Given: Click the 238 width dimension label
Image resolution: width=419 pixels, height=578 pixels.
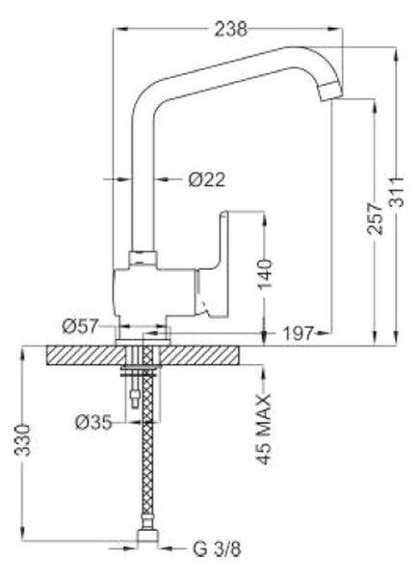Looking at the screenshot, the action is (x=230, y=29).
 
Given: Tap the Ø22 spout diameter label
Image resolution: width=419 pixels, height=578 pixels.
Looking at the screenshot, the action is (x=206, y=179).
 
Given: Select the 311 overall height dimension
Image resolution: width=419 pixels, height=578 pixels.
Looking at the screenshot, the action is (x=397, y=193).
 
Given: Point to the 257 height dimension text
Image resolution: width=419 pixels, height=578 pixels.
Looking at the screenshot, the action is (x=375, y=219).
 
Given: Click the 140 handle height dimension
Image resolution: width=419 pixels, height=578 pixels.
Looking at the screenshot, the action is (x=265, y=275).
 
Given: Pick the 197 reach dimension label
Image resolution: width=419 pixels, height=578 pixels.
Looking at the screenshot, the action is (x=299, y=333).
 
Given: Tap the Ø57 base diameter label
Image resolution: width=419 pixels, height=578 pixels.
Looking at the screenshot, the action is (x=81, y=326).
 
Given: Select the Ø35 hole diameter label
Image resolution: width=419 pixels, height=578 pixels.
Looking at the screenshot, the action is (x=93, y=422).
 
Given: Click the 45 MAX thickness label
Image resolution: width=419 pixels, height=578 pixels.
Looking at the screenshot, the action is (x=264, y=430).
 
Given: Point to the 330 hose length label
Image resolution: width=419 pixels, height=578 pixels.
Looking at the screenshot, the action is (x=22, y=440).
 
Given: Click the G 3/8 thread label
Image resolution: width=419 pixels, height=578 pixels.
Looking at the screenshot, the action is (x=217, y=549).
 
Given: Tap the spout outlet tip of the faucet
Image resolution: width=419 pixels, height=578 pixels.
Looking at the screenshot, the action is (x=331, y=92).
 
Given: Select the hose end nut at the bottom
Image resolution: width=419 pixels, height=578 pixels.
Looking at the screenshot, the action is (x=148, y=536).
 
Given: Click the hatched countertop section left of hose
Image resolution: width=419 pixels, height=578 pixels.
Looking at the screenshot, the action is (x=87, y=355).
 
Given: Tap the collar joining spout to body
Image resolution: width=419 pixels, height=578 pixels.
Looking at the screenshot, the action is (x=144, y=259).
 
